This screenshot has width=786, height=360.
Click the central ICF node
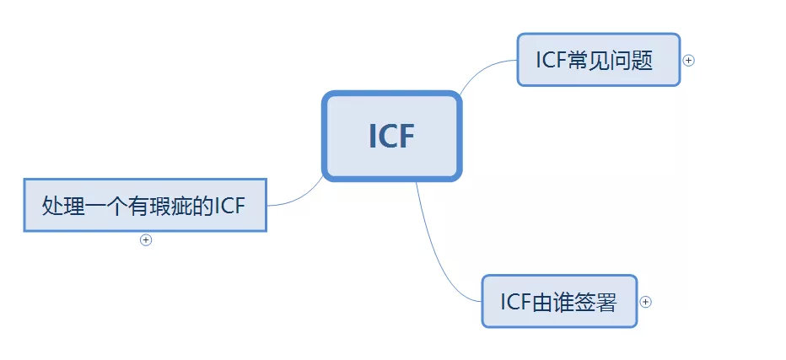pyautogui.click(x=391, y=136)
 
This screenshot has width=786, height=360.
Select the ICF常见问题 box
pyautogui.click(x=598, y=60)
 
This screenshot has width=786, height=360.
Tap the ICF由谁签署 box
pyautogui.click(x=558, y=301)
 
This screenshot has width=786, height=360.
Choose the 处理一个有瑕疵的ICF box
pyautogui.click(x=144, y=204)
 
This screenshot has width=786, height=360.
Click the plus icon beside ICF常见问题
pyautogui.click(x=689, y=60)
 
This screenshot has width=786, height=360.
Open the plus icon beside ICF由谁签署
pyautogui.click(x=646, y=301)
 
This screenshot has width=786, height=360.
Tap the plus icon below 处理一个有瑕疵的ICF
pyautogui.click(x=146, y=239)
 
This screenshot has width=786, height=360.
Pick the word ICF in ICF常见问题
pyautogui.click(x=552, y=61)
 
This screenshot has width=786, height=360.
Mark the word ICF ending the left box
pyautogui.click(x=229, y=205)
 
